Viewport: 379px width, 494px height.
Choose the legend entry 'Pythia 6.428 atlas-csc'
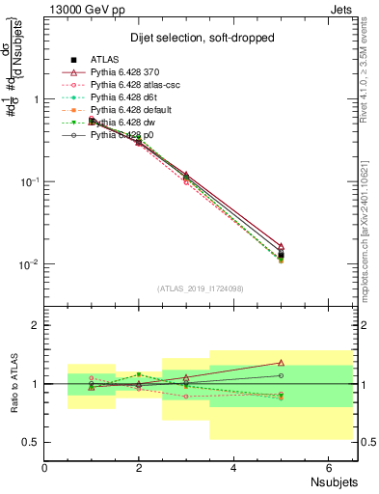[x=139, y=84]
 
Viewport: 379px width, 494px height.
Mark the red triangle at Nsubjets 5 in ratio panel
[x=281, y=363]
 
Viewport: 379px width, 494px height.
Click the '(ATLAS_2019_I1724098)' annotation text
[x=200, y=287]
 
